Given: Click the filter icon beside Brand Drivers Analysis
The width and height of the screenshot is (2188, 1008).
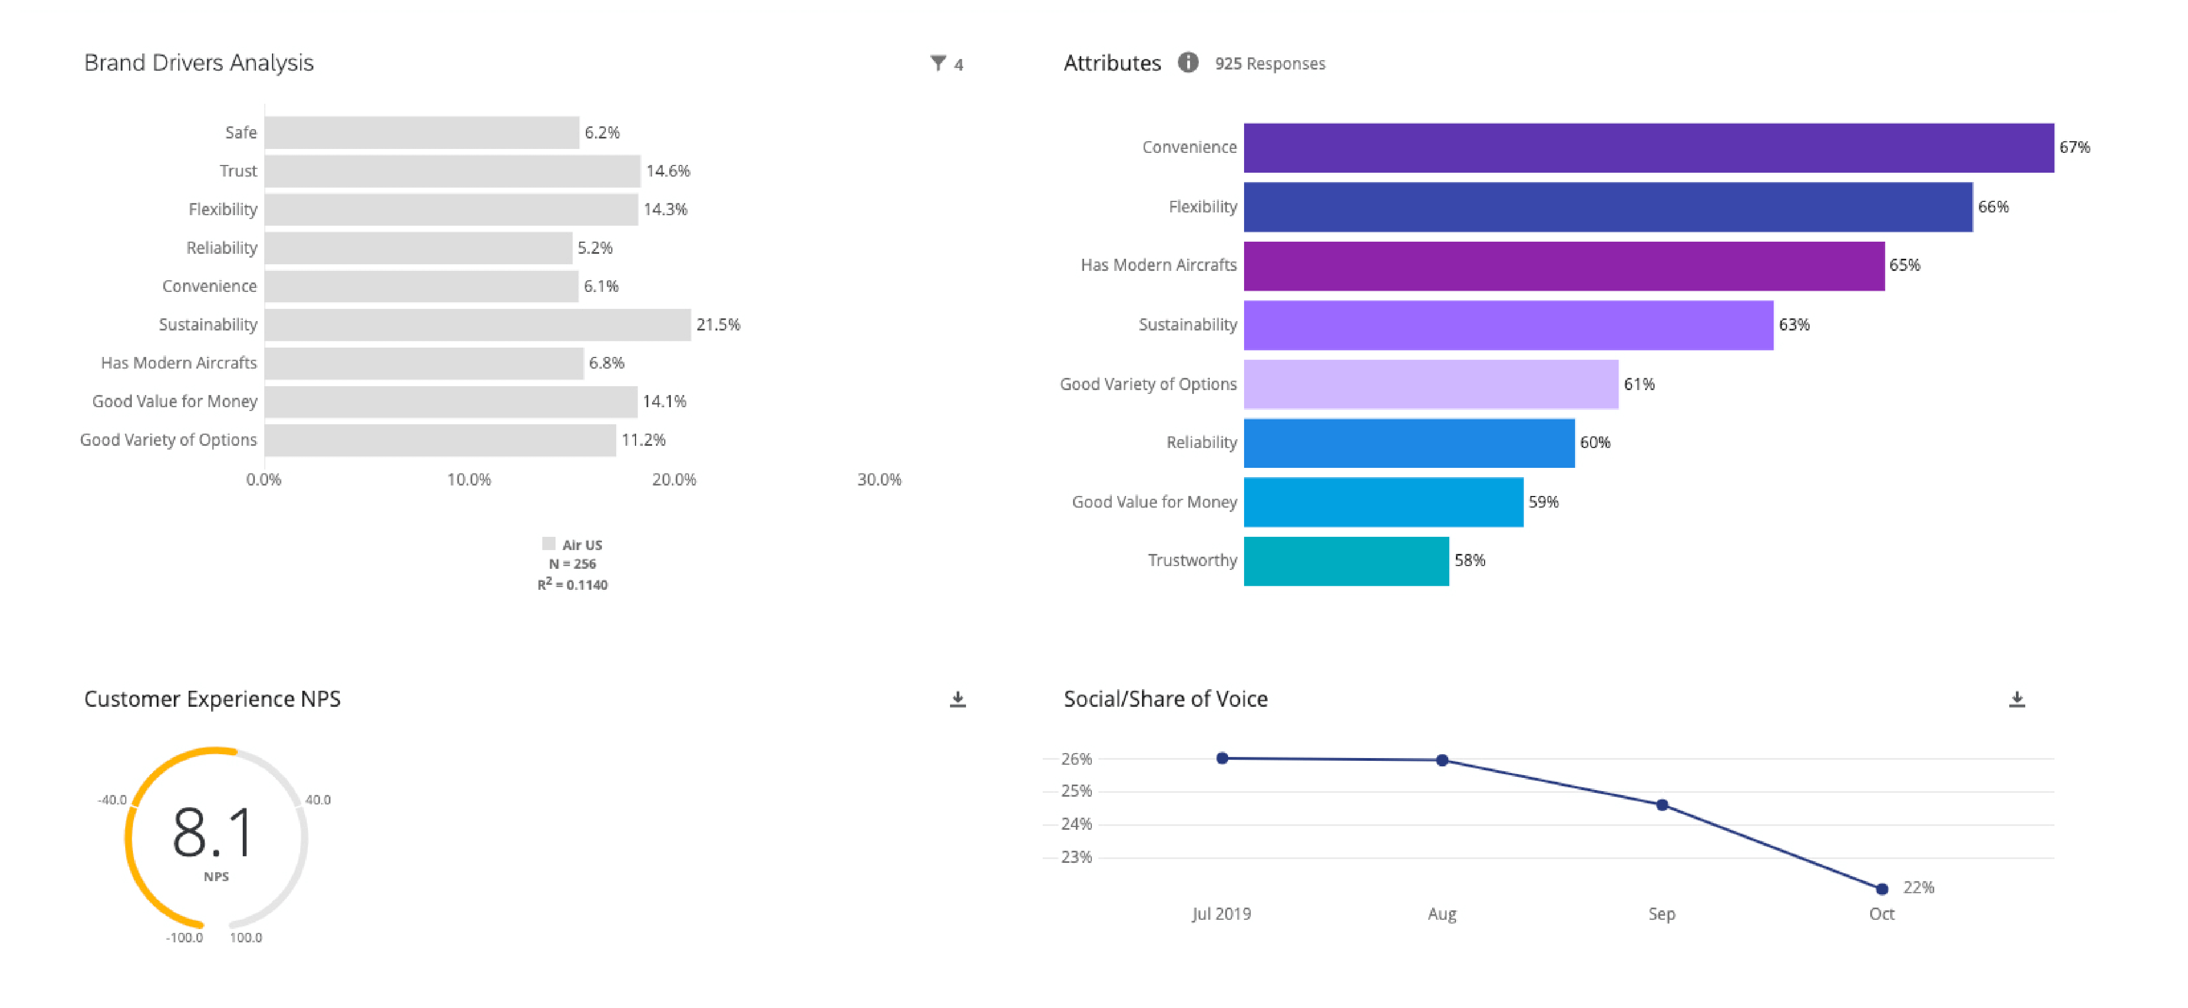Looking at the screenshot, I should [938, 63].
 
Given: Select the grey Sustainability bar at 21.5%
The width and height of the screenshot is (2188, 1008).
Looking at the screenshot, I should [477, 324].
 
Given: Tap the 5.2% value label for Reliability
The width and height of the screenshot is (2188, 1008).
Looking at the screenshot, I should [595, 248].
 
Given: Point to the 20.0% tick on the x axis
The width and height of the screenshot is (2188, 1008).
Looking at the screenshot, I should [674, 480].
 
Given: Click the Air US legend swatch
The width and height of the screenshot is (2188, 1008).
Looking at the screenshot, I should [549, 543].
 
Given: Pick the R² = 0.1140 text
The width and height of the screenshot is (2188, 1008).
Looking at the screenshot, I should [573, 584].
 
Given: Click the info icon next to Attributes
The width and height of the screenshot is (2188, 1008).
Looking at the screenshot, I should [1187, 63].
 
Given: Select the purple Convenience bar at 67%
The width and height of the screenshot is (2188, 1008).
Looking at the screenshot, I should [1648, 148].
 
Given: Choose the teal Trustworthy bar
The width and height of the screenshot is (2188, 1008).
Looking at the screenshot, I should [1346, 561].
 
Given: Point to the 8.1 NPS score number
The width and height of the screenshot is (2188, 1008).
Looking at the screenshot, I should [212, 832].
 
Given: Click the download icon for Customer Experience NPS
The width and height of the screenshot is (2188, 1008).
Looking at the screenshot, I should [957, 699].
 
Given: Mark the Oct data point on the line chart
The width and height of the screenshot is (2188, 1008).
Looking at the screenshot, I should [1881, 889].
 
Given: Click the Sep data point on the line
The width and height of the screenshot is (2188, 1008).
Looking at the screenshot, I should [1661, 805].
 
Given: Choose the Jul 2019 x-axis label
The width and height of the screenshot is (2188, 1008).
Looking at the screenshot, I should [1220, 914].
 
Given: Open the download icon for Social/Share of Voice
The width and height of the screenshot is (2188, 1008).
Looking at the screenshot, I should [2016, 699].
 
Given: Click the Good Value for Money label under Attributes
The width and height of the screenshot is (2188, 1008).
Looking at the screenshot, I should [1154, 502].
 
